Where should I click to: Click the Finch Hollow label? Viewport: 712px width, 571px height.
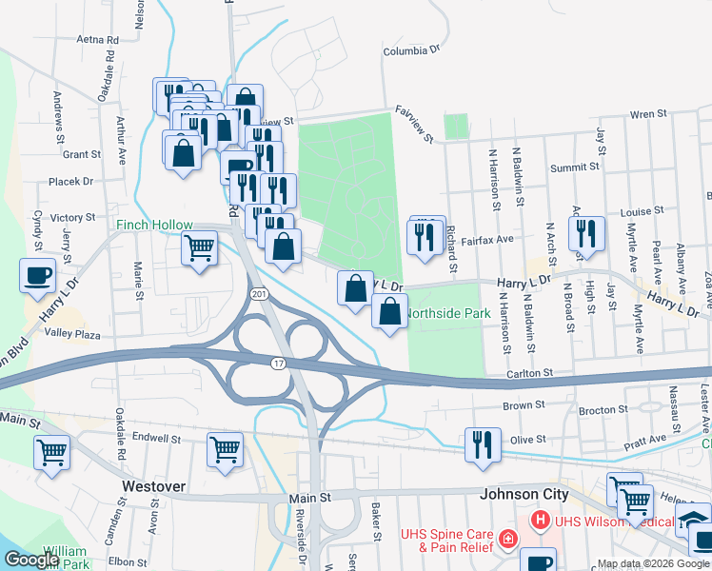[154, 226]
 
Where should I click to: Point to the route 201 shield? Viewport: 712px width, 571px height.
[260, 296]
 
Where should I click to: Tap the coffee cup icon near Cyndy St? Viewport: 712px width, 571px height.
[38, 275]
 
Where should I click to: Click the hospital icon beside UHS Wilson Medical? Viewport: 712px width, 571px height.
[540, 521]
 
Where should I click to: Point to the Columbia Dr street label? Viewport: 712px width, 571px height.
[412, 51]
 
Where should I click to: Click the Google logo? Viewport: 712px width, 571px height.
[30, 560]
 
